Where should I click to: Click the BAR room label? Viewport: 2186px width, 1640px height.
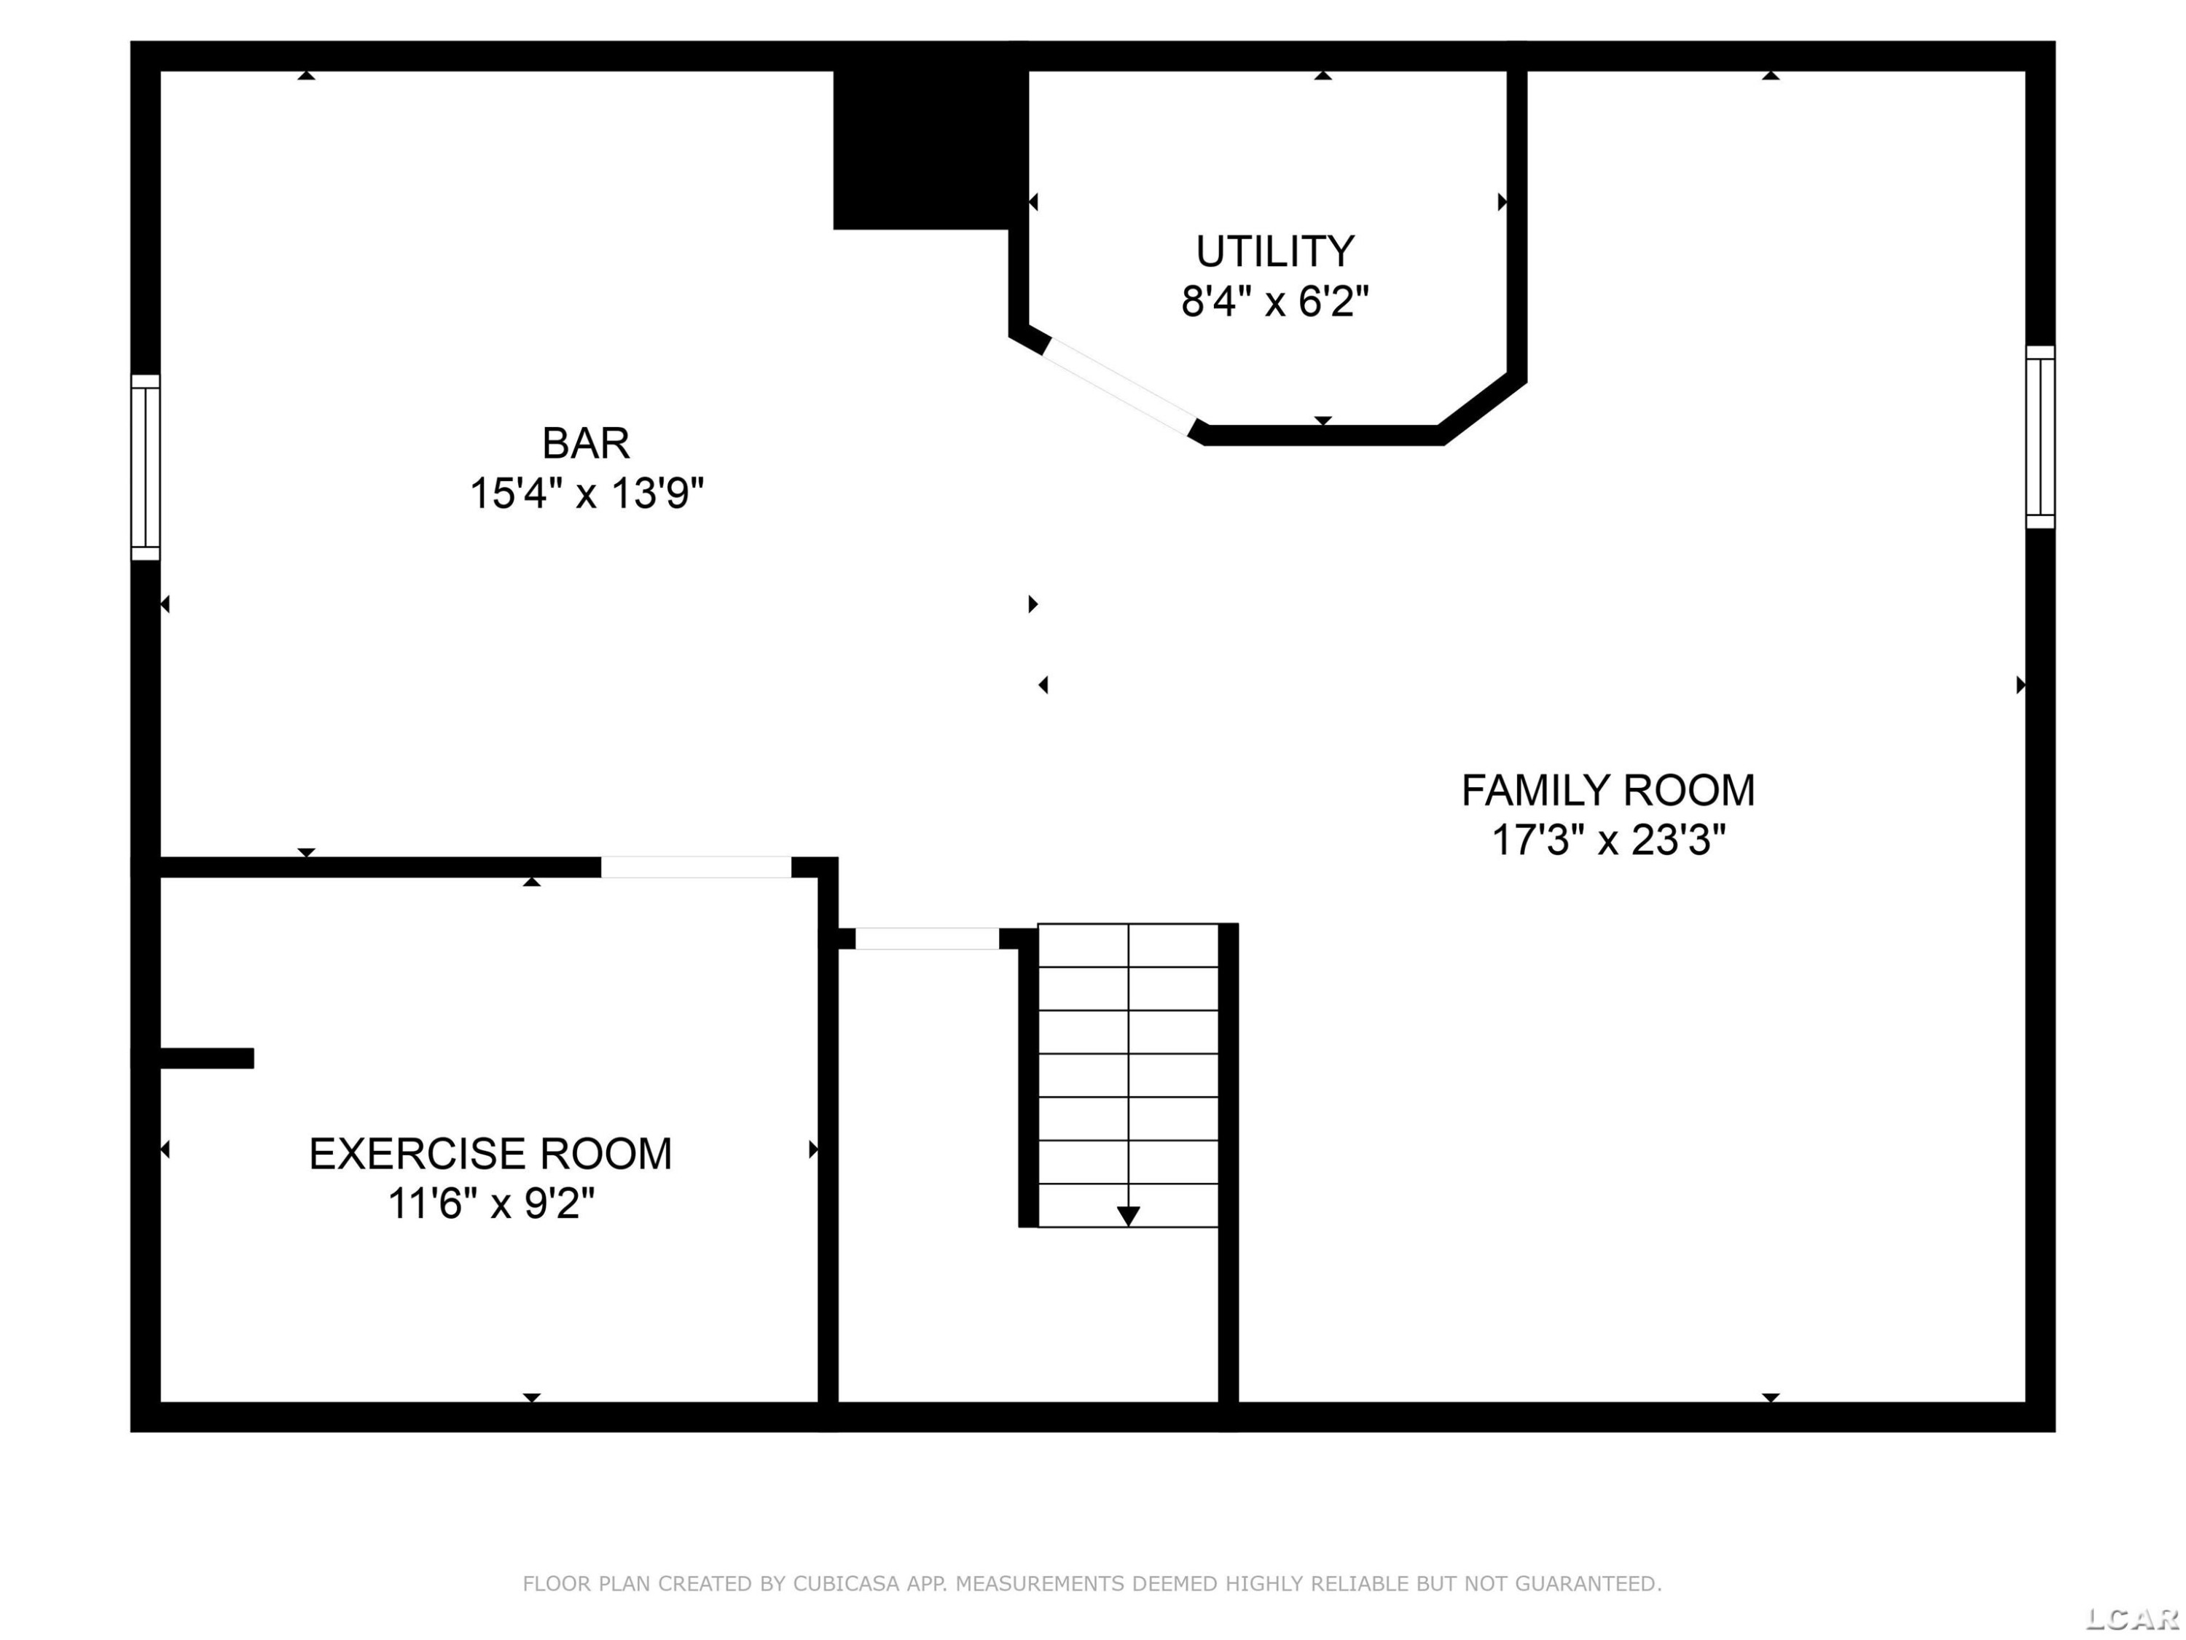point(586,443)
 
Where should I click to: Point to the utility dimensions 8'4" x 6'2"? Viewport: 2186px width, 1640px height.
point(1275,300)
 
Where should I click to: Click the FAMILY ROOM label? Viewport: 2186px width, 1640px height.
point(1608,791)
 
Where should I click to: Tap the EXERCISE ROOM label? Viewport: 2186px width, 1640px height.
point(490,1154)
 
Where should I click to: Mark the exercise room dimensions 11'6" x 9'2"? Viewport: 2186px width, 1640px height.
point(490,1204)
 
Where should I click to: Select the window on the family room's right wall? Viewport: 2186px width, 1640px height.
point(2040,437)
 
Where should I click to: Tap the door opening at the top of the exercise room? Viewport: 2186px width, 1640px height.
point(696,867)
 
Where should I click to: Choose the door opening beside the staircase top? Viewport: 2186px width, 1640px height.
point(927,938)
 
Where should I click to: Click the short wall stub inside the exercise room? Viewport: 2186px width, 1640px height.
point(205,1058)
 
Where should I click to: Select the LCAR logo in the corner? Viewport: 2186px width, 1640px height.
point(2131,1618)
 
